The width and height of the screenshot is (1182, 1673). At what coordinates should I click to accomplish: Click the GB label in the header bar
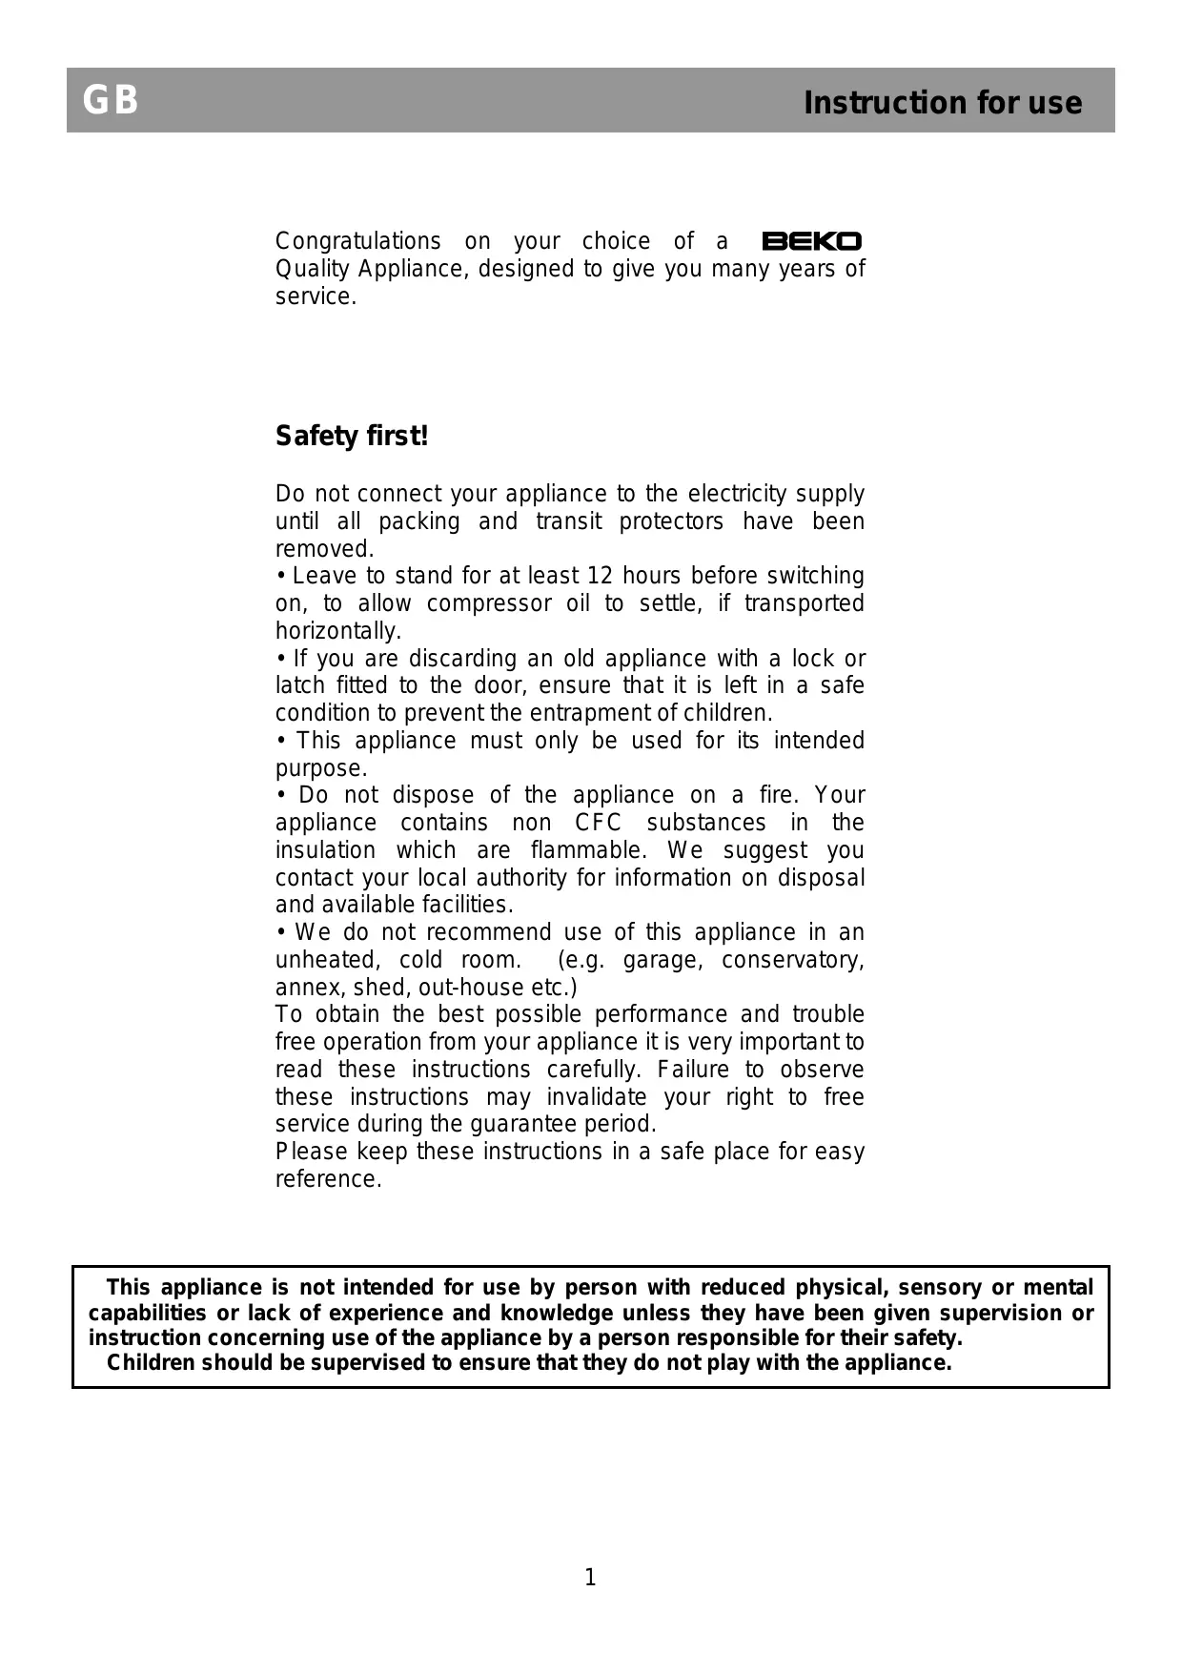(x=111, y=100)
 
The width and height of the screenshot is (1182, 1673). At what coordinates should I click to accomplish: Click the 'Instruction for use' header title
(x=942, y=103)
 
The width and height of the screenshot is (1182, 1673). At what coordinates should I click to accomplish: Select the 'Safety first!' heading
(x=352, y=437)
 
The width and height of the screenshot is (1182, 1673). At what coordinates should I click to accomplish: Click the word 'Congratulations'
(x=358, y=241)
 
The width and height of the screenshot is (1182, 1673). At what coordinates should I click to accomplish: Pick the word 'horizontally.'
(x=338, y=631)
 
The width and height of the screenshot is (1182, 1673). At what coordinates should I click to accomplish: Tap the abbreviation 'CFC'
(x=598, y=823)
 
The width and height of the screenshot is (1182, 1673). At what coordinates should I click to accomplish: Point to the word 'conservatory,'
(x=793, y=960)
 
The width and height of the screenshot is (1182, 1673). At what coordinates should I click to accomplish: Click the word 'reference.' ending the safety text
(x=329, y=1179)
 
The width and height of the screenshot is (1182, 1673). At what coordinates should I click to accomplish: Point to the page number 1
(x=590, y=1578)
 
